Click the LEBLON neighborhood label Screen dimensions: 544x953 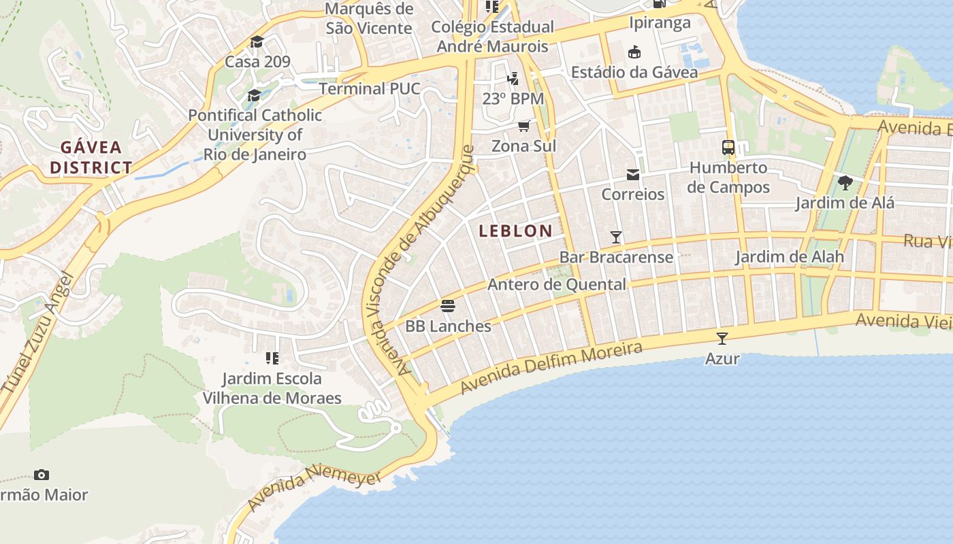coord(515,231)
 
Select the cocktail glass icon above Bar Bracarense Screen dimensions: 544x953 coord(616,237)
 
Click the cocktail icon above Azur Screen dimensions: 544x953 coord(722,338)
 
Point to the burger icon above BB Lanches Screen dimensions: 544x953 coord(447,306)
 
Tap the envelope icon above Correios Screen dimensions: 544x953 coord(633,175)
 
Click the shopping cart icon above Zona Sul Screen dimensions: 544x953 coord(523,126)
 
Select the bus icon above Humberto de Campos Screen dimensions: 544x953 coord(728,147)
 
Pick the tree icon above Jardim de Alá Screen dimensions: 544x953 coord(845,182)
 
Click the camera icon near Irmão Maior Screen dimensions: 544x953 coord(42,475)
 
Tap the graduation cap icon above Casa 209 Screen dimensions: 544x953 coord(257,42)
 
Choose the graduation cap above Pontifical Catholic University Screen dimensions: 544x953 coord(254,95)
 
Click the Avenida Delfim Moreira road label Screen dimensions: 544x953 coord(551,368)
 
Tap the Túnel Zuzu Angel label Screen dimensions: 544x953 coord(37,333)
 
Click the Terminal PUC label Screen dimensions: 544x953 coord(370,88)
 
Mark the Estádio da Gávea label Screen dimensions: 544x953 coord(634,72)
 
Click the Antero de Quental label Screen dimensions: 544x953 coord(556,284)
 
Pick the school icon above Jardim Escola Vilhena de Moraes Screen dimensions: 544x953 coord(272,358)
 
